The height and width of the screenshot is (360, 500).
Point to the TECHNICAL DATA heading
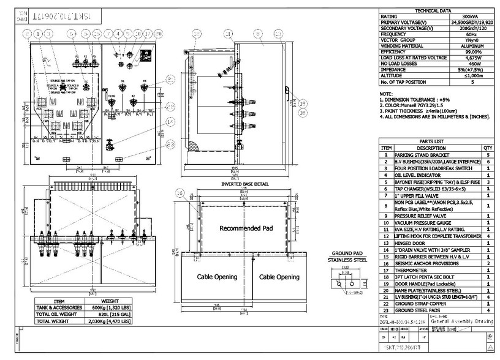point(433,11)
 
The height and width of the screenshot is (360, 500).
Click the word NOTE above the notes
point(387,93)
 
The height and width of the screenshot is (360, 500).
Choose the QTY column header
point(488,148)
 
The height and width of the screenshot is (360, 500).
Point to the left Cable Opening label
point(216,277)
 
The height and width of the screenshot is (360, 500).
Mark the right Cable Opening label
point(279,277)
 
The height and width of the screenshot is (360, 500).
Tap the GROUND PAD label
point(348,253)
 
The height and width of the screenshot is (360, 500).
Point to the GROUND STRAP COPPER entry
point(421,303)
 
